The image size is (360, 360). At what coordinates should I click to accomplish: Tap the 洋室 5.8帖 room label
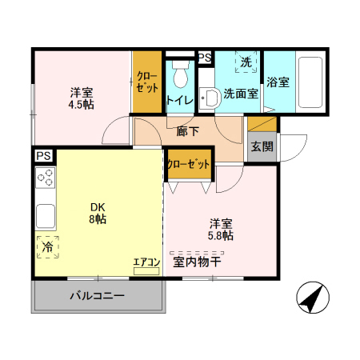[x=222, y=230]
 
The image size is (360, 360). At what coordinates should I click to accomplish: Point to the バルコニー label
[x=97, y=296]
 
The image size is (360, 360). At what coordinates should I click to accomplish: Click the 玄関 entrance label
[x=262, y=146]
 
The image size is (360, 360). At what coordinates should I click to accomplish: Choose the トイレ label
[x=178, y=101]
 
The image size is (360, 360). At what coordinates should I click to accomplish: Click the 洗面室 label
[x=240, y=93]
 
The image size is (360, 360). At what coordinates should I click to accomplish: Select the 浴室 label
[x=278, y=82]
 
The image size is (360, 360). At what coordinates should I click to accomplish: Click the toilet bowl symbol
[x=178, y=75]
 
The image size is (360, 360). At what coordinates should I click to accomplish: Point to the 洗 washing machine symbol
[x=246, y=62]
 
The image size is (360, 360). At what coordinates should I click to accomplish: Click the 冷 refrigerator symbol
[x=47, y=247]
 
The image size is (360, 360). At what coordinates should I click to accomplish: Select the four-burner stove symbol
[x=46, y=178]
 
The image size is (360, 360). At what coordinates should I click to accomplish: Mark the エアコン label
[x=146, y=262]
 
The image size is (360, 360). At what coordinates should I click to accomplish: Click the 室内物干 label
[x=198, y=262]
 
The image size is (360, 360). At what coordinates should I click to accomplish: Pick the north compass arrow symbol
[x=311, y=298]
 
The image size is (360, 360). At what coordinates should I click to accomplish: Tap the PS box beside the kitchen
[x=42, y=156]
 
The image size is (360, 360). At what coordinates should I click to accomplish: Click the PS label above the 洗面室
[x=205, y=58]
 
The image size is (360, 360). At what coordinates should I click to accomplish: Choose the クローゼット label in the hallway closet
[x=190, y=163]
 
